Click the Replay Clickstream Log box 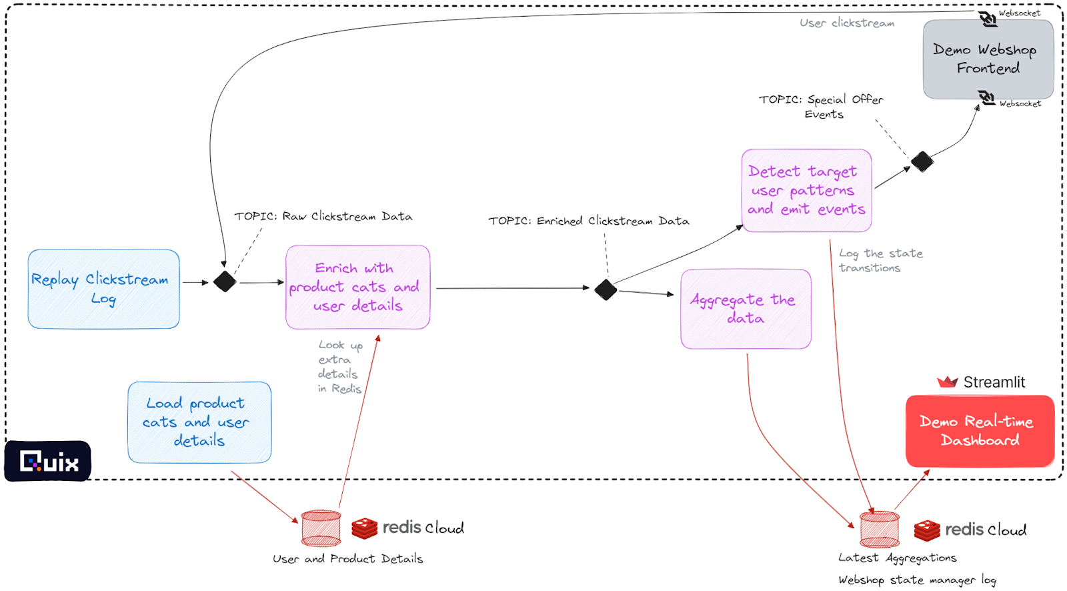pyautogui.click(x=103, y=289)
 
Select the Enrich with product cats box pyautogui.click(x=357, y=287)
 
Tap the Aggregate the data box pyautogui.click(x=746, y=309)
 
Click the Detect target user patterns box pyautogui.click(x=806, y=191)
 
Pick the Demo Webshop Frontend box pyautogui.click(x=988, y=59)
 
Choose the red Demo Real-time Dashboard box pyautogui.click(x=979, y=431)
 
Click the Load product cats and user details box pyautogui.click(x=199, y=422)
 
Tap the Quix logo pyautogui.click(x=48, y=461)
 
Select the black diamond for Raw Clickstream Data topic pyautogui.click(x=225, y=281)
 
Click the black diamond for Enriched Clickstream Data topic pyautogui.click(x=606, y=289)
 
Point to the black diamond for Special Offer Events pyautogui.click(x=922, y=161)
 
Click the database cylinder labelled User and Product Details pyautogui.click(x=321, y=528)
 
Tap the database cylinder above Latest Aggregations pyautogui.click(x=879, y=529)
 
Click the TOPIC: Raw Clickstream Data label pyautogui.click(x=323, y=216)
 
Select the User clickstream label pyautogui.click(x=847, y=23)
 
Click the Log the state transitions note pyautogui.click(x=880, y=261)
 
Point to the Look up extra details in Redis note pyautogui.click(x=340, y=367)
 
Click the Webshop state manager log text pyautogui.click(x=917, y=580)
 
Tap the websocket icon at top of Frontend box pyautogui.click(x=988, y=19)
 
